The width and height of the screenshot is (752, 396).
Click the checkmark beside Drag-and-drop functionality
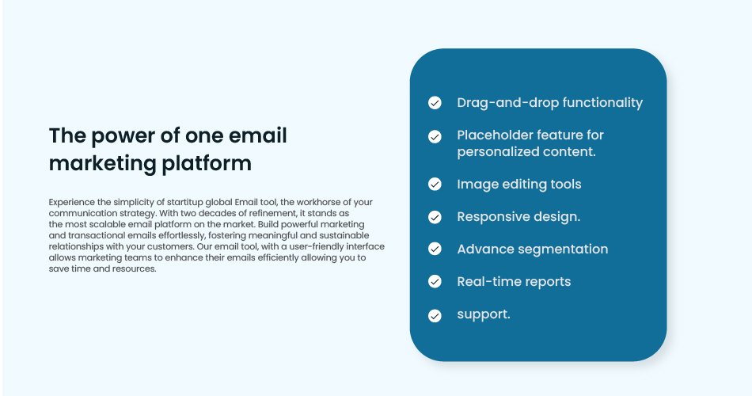[435, 103]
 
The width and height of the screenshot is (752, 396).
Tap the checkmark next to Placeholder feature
[435, 137]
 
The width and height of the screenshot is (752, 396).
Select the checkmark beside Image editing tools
[435, 185]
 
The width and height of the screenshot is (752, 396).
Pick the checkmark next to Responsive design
[435, 218]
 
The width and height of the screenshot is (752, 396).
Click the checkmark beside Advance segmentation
[435, 249]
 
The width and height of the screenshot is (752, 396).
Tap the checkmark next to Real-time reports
[435, 282]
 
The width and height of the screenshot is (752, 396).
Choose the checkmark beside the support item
[435, 316]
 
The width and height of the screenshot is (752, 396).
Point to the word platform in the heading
[207, 164]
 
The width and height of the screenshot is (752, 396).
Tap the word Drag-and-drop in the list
[507, 103]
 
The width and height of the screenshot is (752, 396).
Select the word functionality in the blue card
[602, 103]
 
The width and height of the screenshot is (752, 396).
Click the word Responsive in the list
[493, 217]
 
